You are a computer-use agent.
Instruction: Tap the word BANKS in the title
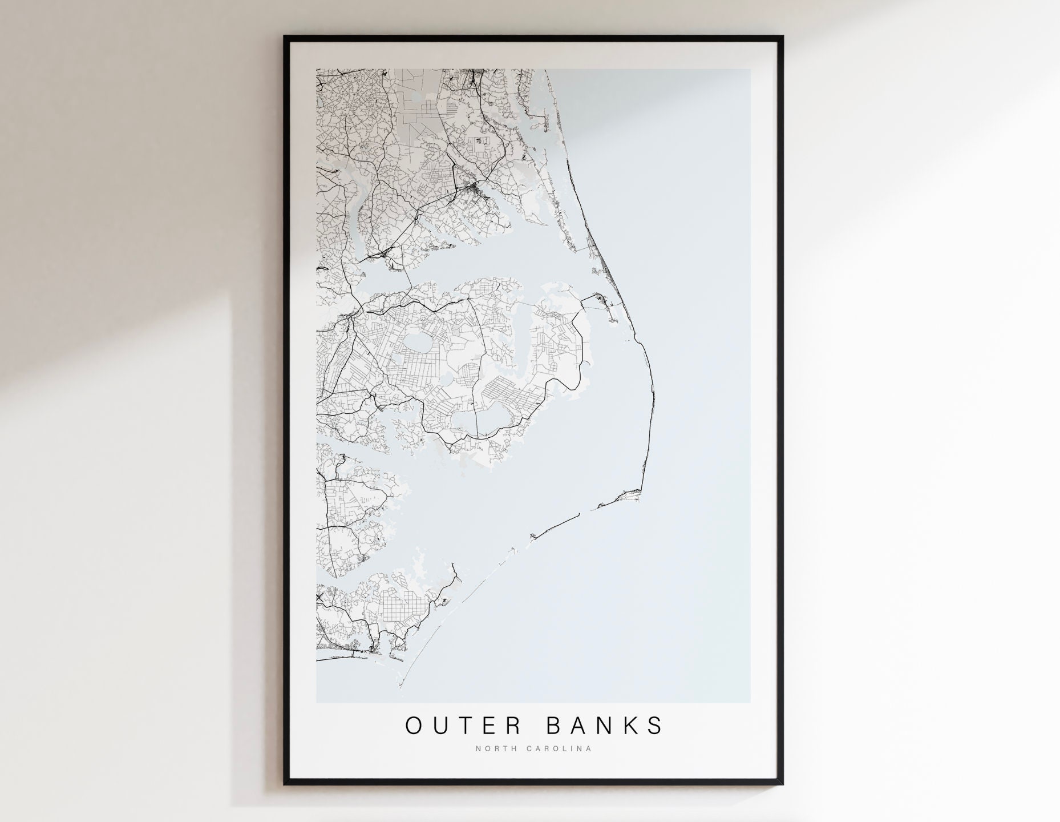tap(604, 725)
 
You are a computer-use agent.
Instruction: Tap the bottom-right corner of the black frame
tap(783, 785)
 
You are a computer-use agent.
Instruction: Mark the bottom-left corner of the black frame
tap(285, 785)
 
